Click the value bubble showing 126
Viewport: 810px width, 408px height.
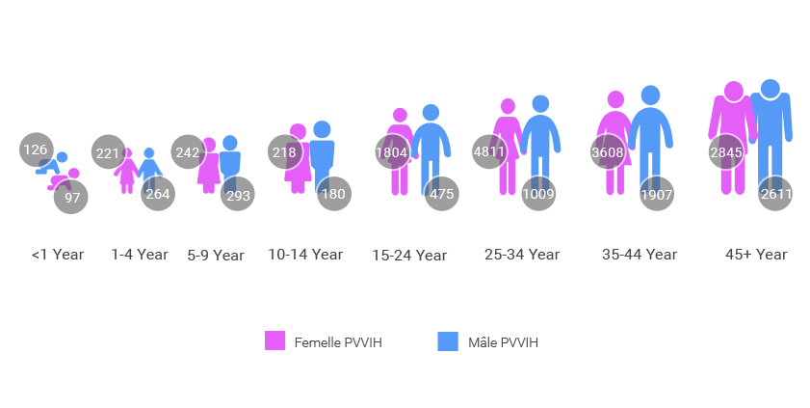tap(36, 150)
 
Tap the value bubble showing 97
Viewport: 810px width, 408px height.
tap(72, 197)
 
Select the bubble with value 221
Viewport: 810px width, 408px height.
tap(108, 152)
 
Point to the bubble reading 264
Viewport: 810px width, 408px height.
tap(158, 194)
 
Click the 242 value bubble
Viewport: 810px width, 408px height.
tap(188, 152)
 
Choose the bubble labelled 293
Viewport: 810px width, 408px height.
tap(238, 195)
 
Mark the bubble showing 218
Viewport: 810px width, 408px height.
tap(284, 152)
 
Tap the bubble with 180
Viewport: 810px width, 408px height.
tap(333, 194)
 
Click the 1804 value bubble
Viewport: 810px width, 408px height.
tap(392, 152)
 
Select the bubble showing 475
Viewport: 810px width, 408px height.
tap(442, 194)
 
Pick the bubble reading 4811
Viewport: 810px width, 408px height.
tap(489, 152)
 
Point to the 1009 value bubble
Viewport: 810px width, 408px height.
tap(538, 194)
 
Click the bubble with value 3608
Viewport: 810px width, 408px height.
tap(608, 152)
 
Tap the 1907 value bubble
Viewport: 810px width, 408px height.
tap(657, 194)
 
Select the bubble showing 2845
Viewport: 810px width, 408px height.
tap(725, 152)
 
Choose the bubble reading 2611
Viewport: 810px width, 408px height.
tap(775, 194)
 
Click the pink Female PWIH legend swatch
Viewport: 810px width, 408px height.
tap(275, 341)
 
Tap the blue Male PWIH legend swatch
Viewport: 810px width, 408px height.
tap(448, 341)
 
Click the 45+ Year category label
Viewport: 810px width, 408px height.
tap(756, 255)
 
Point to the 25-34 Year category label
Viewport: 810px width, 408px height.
tap(521, 255)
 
